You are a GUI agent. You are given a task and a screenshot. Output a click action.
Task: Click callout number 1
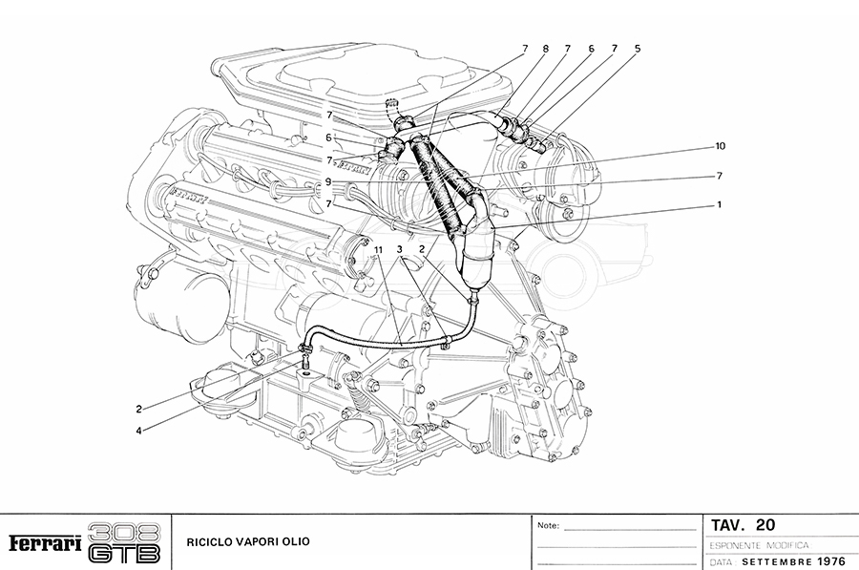(720, 203)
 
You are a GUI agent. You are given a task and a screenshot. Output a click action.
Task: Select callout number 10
(722, 147)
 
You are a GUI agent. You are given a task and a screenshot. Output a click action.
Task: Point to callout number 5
(638, 48)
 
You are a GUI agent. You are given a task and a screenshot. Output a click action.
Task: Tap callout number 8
(546, 48)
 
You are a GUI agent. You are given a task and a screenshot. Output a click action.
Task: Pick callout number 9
(327, 181)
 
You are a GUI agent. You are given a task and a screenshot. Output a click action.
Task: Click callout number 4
(138, 431)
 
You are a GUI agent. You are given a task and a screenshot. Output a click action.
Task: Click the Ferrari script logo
(43, 542)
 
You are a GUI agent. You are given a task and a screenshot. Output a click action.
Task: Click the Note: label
(548, 526)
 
